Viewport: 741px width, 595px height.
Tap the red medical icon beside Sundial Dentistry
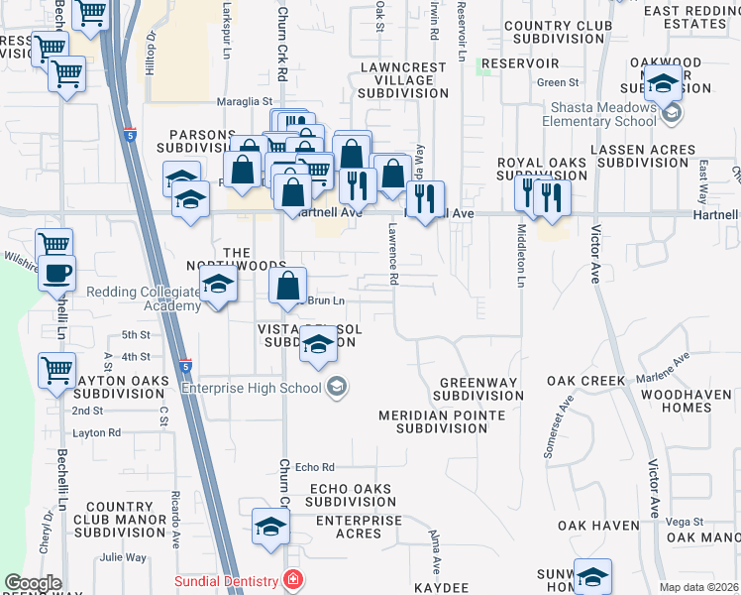pyautogui.click(x=292, y=579)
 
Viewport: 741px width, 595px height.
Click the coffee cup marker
pyautogui.click(x=56, y=273)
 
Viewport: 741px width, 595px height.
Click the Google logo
pyautogui.click(x=33, y=583)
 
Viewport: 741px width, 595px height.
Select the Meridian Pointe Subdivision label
pyautogui.click(x=442, y=421)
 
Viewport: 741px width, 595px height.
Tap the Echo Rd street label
pyautogui.click(x=315, y=467)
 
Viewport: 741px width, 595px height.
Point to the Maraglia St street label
pyautogui.click(x=245, y=101)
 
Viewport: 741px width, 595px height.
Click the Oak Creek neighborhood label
pyautogui.click(x=585, y=381)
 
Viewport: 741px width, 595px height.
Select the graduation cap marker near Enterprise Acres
pyautogui.click(x=269, y=529)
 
